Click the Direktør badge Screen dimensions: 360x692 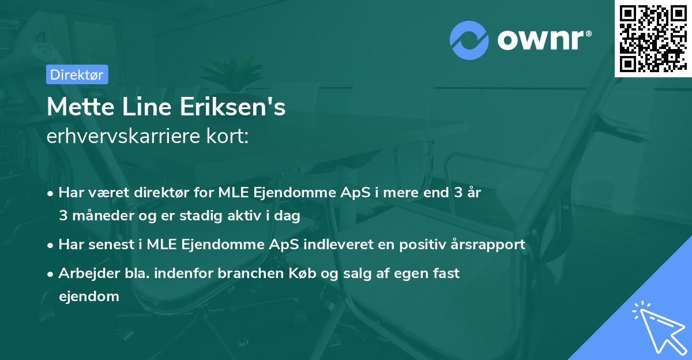point(77,74)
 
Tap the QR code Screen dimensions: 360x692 point(653,39)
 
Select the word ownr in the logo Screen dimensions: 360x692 point(543,40)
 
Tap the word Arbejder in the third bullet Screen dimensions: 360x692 point(84,273)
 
